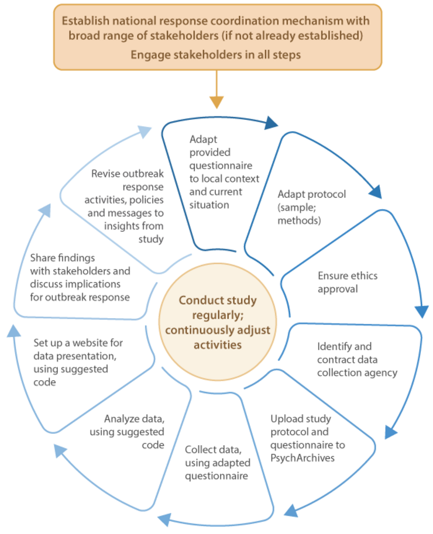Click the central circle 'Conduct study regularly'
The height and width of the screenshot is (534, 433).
pos(216,322)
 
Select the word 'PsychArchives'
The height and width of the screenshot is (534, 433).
pos(303,457)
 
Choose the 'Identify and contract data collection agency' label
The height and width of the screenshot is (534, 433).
pos(357,359)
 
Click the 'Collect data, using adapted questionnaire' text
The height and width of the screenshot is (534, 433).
pos(218,463)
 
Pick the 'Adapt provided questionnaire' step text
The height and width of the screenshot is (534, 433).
pos(224,172)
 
